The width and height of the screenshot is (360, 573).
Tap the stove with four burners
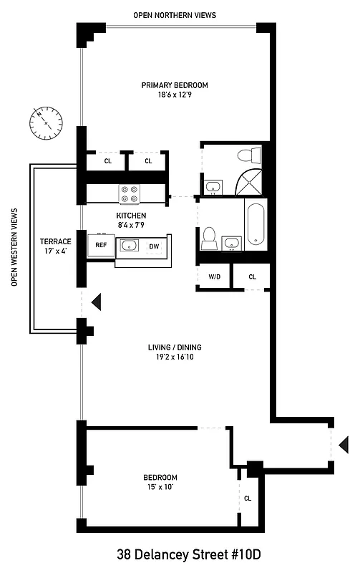(x=129, y=193)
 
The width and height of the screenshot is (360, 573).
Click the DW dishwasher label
(x=153, y=246)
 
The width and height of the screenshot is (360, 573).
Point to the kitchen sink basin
(x=130, y=246)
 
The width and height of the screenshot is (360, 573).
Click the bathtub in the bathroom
(x=255, y=226)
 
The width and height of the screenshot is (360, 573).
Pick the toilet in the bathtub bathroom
(x=209, y=239)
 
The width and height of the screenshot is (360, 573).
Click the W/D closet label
(x=214, y=276)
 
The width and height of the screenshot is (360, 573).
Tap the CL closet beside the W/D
(x=253, y=276)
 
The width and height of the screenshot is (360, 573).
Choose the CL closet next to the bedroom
(x=248, y=498)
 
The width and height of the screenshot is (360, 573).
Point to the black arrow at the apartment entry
(x=343, y=442)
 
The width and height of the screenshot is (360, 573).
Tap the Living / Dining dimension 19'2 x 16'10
(x=172, y=358)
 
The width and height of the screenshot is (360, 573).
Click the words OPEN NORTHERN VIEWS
(x=174, y=15)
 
